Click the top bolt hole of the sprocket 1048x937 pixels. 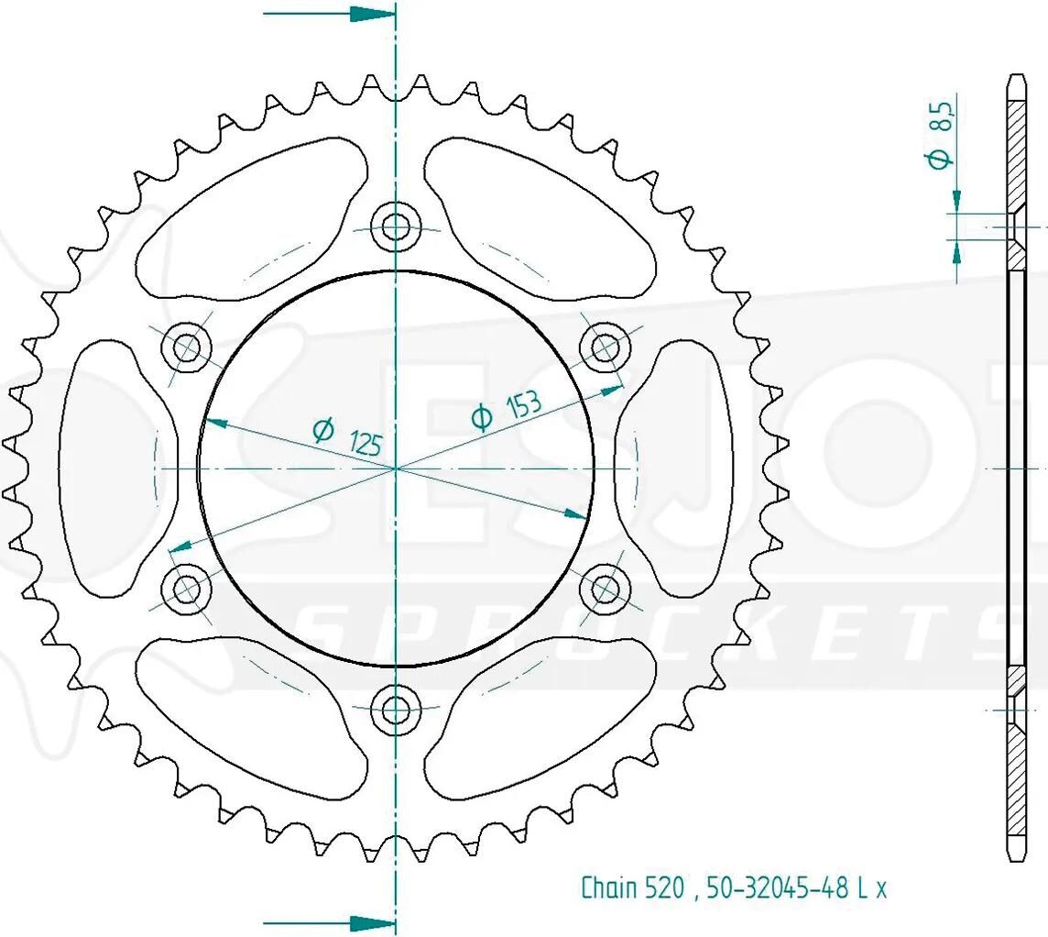[x=397, y=226]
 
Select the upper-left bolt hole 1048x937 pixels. [x=187, y=347]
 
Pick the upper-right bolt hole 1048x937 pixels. [x=606, y=347]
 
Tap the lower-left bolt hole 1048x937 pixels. [x=187, y=589]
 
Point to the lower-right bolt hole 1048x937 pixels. [x=606, y=589]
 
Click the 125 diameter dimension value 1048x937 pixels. [x=365, y=443]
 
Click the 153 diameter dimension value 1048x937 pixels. [x=523, y=405]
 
